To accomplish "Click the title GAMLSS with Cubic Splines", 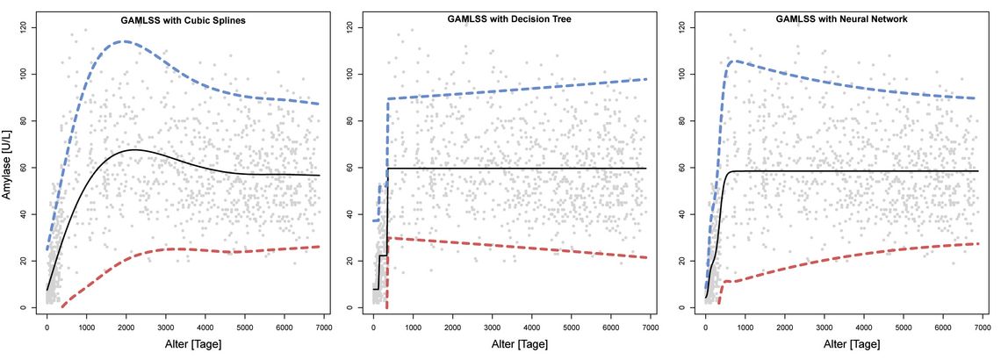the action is [184, 20].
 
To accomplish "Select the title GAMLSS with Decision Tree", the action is [509, 19].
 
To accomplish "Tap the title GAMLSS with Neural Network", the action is [841, 19].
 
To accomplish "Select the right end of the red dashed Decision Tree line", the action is [646, 257].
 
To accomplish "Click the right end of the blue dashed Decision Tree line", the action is [646, 79].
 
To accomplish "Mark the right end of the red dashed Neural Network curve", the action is [978, 244].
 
